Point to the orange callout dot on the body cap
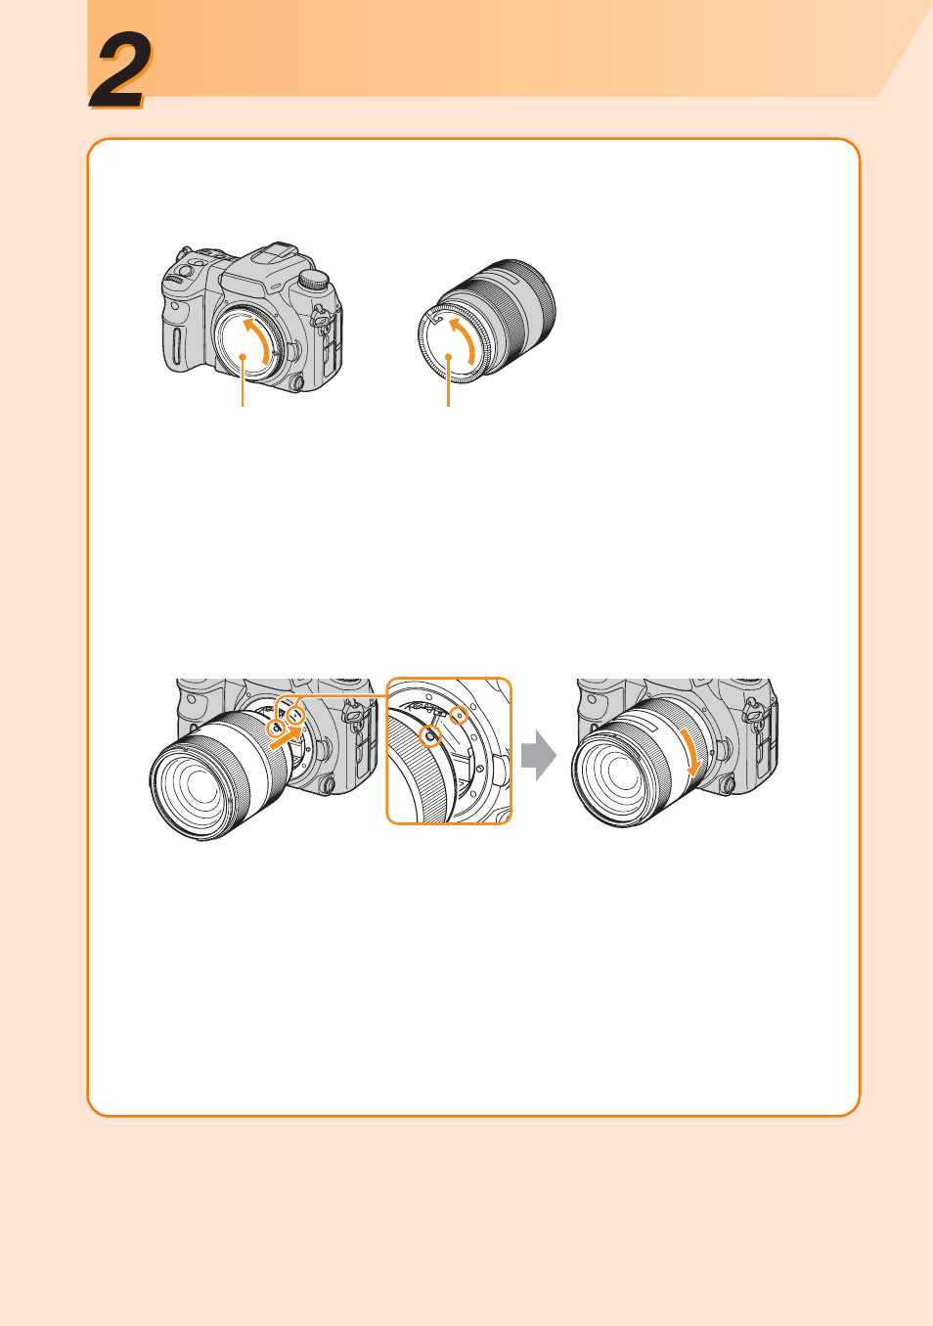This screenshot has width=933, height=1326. click(243, 356)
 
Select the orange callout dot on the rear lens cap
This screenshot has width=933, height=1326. click(449, 357)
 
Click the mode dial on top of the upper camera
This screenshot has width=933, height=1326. click(313, 279)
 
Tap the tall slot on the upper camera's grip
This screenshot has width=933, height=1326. click(177, 346)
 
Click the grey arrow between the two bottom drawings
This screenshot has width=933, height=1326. click(539, 755)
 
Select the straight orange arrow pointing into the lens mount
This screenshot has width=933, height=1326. click(286, 738)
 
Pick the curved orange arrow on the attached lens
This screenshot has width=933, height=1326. click(690, 752)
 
